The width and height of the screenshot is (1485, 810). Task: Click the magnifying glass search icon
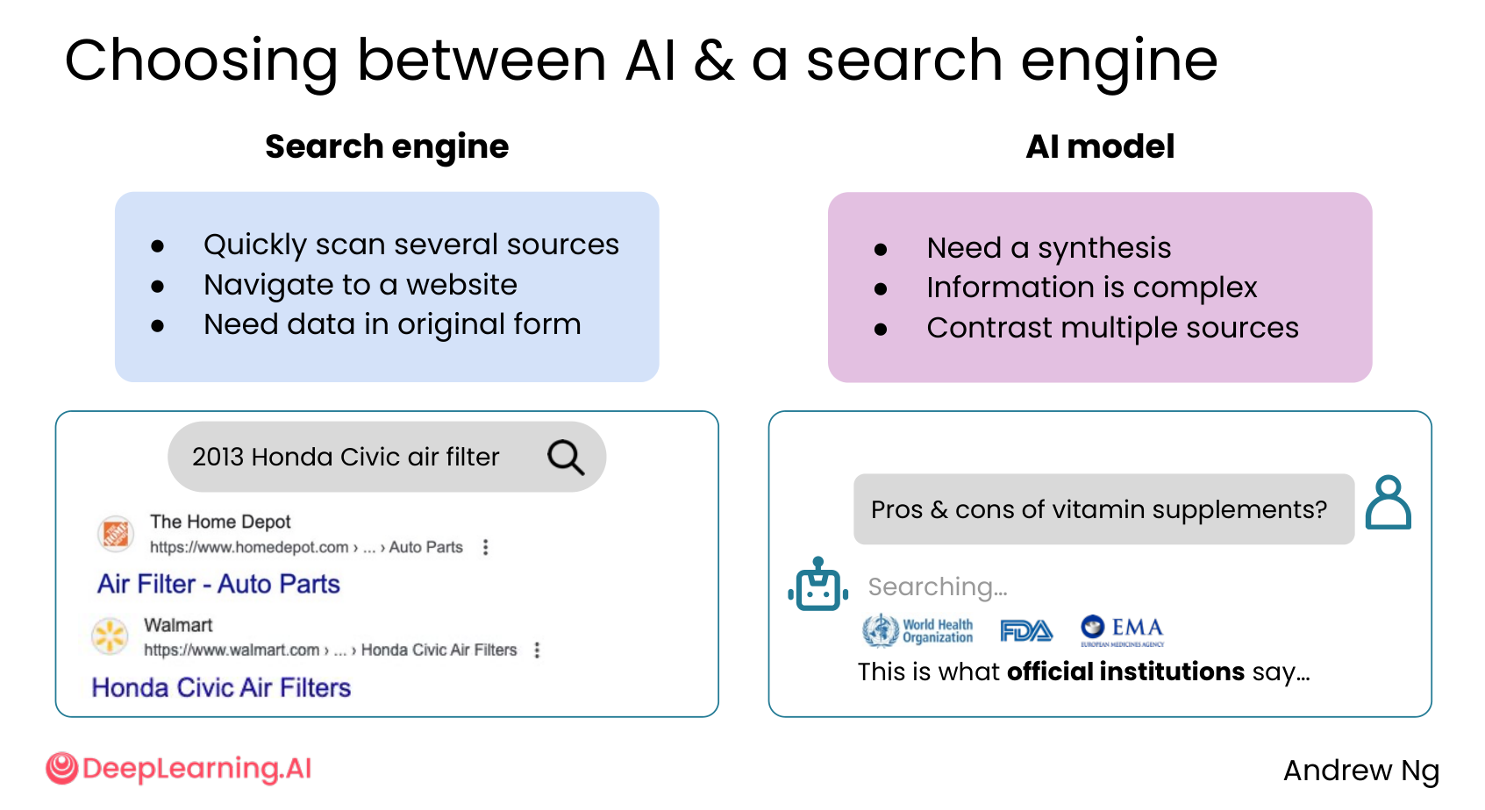(x=566, y=457)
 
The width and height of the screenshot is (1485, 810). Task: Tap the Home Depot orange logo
(x=116, y=534)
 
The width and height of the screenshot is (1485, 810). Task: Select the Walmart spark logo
(x=110, y=636)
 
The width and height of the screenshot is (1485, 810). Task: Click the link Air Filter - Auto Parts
(x=218, y=584)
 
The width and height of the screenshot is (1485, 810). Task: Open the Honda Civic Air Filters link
(x=221, y=687)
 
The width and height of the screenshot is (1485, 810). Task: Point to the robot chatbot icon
(x=818, y=584)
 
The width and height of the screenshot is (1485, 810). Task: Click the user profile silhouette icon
(x=1389, y=502)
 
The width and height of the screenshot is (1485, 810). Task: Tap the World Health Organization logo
(x=917, y=629)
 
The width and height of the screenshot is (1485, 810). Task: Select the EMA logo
(x=1122, y=630)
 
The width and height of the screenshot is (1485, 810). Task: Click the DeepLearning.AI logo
(x=178, y=768)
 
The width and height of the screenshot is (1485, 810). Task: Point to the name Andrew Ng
(x=1361, y=771)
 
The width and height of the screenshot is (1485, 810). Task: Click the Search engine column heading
(x=387, y=146)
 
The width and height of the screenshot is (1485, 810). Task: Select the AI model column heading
(x=1100, y=146)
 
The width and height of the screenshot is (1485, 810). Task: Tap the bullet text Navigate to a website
(x=360, y=285)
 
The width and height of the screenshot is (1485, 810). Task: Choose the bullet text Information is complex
(x=1092, y=288)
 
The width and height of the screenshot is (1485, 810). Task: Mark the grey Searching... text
(x=938, y=586)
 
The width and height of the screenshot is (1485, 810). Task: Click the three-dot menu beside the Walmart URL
(x=537, y=650)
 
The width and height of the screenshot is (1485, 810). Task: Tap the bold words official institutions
(x=1125, y=671)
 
